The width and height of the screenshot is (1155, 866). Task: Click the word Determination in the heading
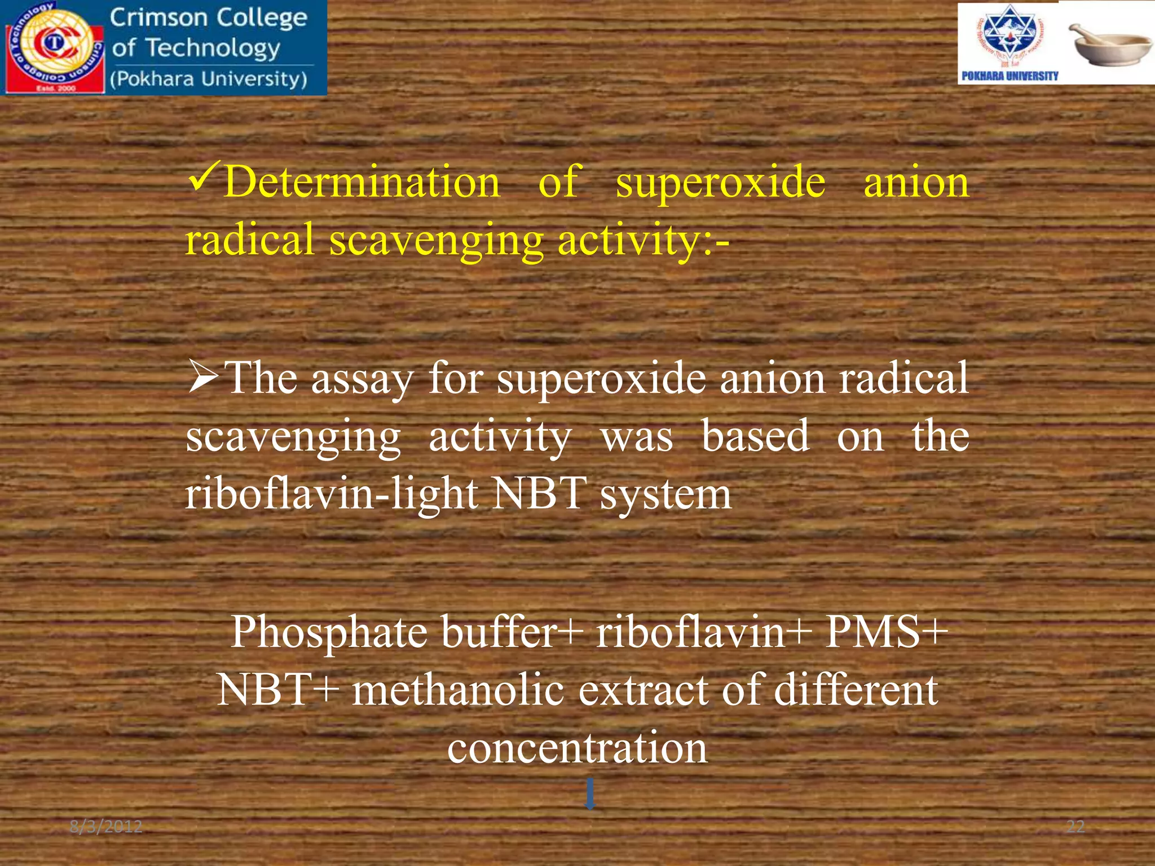tap(362, 183)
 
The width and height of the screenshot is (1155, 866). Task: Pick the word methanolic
tap(458, 690)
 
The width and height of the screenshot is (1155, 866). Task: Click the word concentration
tap(577, 748)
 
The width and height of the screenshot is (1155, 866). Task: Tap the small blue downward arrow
tap(590, 793)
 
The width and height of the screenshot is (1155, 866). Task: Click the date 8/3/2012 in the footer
tap(106, 827)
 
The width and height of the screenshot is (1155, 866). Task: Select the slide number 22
tap(1075, 827)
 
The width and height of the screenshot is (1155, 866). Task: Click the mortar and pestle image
tap(1108, 45)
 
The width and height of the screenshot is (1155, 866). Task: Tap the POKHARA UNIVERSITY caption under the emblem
tap(1009, 76)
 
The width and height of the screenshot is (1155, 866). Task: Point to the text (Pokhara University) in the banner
tap(209, 79)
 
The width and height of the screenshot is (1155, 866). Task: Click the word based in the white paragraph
tap(756, 437)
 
